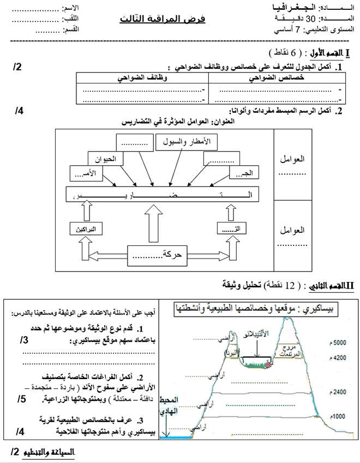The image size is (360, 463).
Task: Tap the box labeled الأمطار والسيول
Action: coord(187,142)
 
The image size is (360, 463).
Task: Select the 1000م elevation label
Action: coord(338,416)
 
